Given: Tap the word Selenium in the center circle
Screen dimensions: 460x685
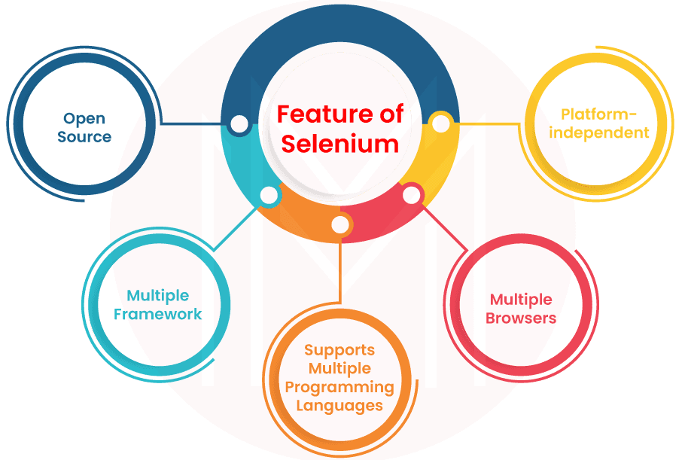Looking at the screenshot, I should (x=340, y=143).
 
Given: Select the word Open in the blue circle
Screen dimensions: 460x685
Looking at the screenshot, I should (x=84, y=118).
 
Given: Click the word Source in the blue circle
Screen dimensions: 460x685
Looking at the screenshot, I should (x=84, y=137).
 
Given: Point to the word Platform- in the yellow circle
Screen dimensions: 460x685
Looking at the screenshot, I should (x=599, y=115).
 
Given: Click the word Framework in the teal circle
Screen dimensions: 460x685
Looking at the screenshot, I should (x=158, y=314).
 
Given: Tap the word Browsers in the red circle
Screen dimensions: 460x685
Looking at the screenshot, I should (x=521, y=318).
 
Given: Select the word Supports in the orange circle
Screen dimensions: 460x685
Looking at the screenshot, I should (x=339, y=350).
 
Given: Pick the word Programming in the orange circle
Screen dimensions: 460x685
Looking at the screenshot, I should (x=339, y=387).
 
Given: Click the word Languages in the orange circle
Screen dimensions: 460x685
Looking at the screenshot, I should (x=339, y=406).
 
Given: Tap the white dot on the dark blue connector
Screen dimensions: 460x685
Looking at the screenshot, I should (x=239, y=125).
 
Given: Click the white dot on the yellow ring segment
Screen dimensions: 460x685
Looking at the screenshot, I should (x=442, y=123).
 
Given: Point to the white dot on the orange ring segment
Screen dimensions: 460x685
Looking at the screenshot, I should (x=341, y=224).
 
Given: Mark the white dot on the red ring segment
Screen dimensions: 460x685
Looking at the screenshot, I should (x=412, y=196).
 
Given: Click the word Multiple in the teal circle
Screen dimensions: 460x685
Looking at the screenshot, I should (x=158, y=295).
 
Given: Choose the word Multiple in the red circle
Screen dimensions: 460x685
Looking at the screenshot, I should (x=521, y=300).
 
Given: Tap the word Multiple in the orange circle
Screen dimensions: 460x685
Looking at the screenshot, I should (x=339, y=369).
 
